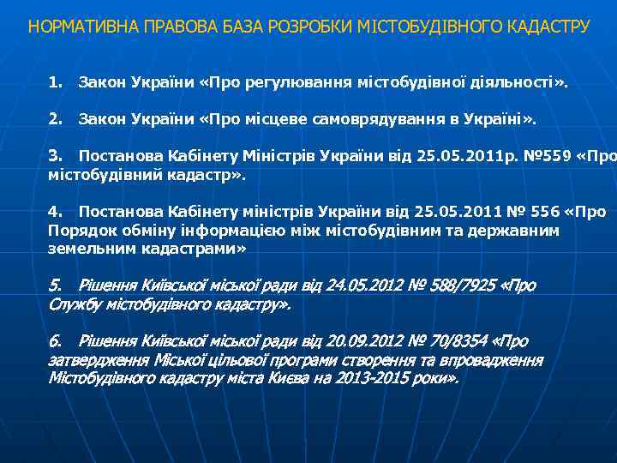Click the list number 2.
click(56, 117)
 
